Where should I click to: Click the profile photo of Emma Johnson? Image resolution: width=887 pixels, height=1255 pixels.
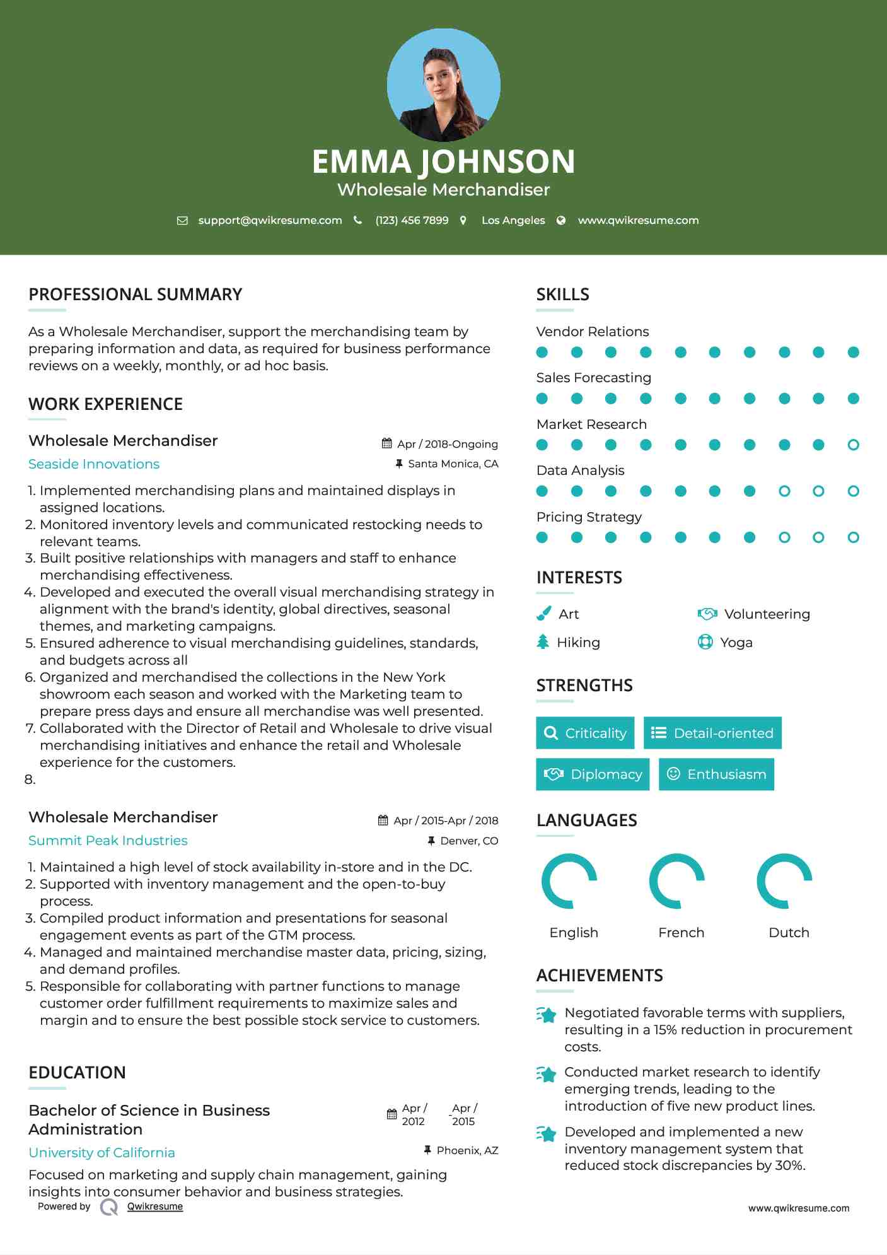click(443, 85)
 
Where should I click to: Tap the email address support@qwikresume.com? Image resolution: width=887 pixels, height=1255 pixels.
click(270, 220)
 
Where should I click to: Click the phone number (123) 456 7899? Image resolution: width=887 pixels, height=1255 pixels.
click(412, 220)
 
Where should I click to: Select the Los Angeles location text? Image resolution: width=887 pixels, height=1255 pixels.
click(513, 220)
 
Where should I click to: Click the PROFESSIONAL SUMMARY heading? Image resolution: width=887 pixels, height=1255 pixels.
click(135, 295)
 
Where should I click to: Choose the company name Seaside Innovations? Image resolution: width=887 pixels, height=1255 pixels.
click(94, 464)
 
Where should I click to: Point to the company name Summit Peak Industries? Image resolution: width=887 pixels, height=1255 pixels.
click(108, 841)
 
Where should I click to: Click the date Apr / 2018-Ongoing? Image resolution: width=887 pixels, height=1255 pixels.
click(447, 444)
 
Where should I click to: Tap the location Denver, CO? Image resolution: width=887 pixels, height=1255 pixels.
click(468, 841)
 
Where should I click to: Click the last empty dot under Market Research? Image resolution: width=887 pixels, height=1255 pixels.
click(853, 445)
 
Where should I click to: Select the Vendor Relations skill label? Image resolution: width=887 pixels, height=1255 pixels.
click(592, 332)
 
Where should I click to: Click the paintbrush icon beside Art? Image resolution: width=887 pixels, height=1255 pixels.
click(543, 614)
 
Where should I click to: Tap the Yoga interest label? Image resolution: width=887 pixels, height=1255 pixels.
click(736, 643)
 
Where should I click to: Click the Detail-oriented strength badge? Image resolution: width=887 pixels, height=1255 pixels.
click(712, 733)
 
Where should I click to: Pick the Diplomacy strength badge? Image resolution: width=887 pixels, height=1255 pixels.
click(592, 774)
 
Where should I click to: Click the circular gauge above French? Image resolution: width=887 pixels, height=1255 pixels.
click(677, 881)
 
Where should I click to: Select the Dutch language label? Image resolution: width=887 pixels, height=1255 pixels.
click(789, 933)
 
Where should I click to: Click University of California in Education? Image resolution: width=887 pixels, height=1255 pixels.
click(101, 1153)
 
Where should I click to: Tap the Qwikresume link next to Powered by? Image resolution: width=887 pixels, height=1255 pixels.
click(155, 1206)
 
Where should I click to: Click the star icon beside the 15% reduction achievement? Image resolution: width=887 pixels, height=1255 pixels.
click(547, 1015)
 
